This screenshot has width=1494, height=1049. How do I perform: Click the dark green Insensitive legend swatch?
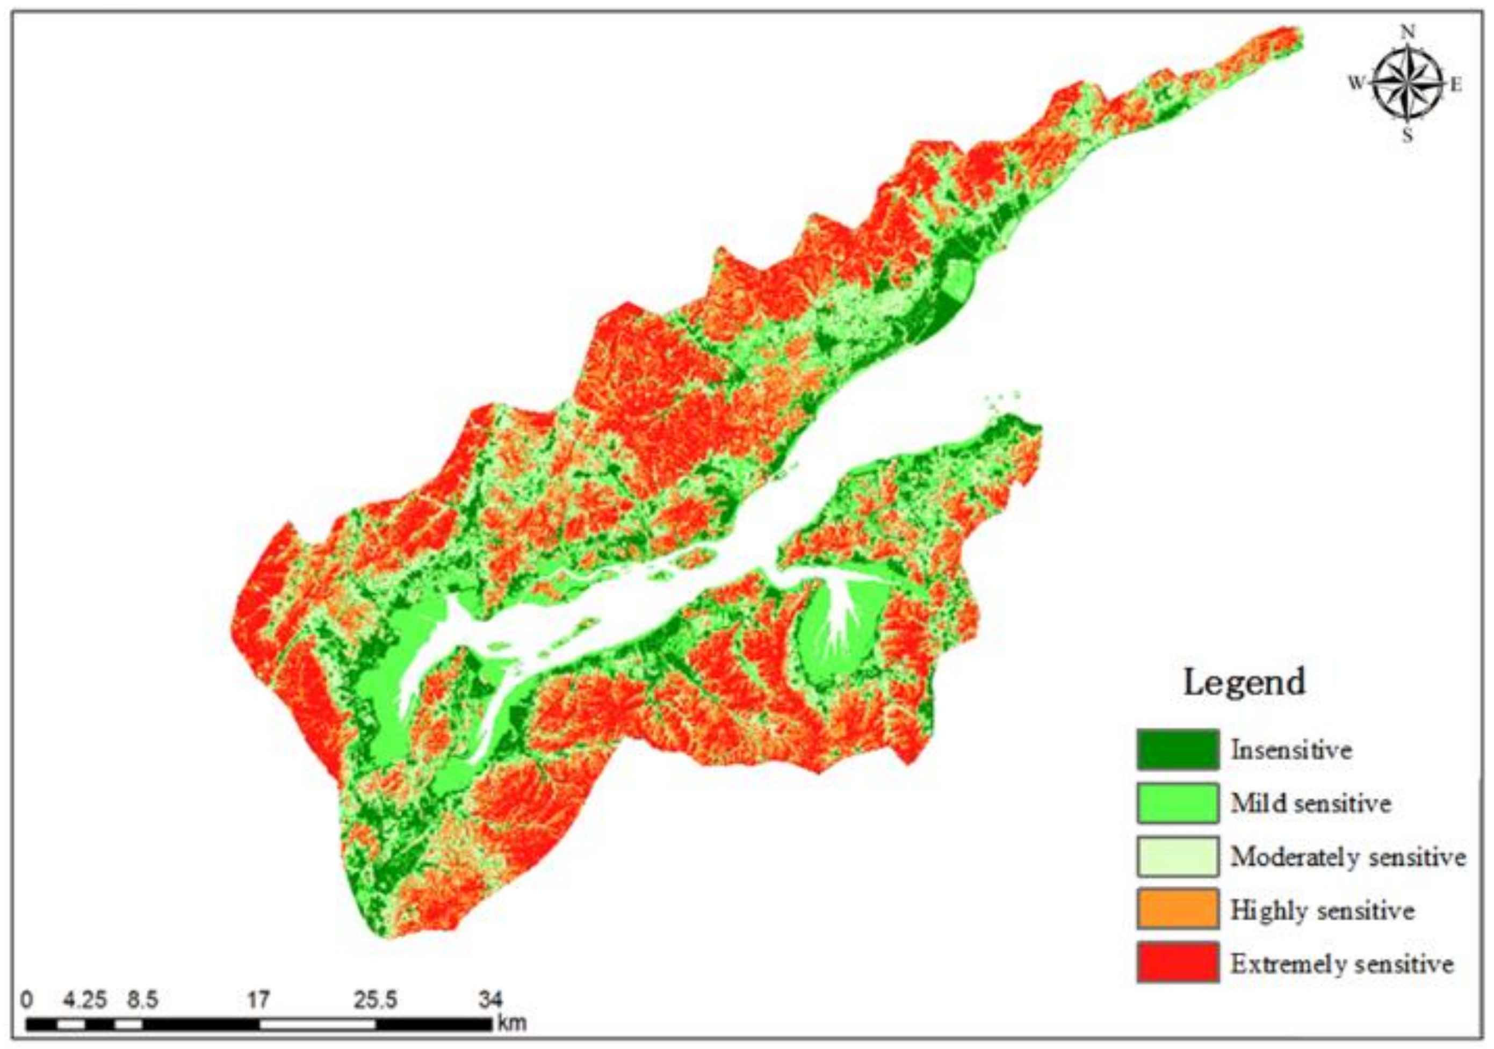click(1177, 750)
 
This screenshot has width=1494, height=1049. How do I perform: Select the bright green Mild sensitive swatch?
click(1177, 803)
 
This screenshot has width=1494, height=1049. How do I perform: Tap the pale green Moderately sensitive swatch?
click(1177, 856)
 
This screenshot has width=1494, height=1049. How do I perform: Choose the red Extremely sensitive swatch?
click(1177, 962)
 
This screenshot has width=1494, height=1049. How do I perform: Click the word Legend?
click(1244, 682)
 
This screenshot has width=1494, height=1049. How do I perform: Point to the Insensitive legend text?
click(1291, 750)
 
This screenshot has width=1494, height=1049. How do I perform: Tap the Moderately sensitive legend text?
click(1347, 857)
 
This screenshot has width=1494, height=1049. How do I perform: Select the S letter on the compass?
click(1408, 136)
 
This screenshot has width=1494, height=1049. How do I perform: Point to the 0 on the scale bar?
click(26, 1000)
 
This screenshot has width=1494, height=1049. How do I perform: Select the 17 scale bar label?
click(258, 1000)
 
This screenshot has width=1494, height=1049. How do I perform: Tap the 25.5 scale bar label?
click(375, 1000)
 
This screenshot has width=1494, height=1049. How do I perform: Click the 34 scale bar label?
click(490, 1000)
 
